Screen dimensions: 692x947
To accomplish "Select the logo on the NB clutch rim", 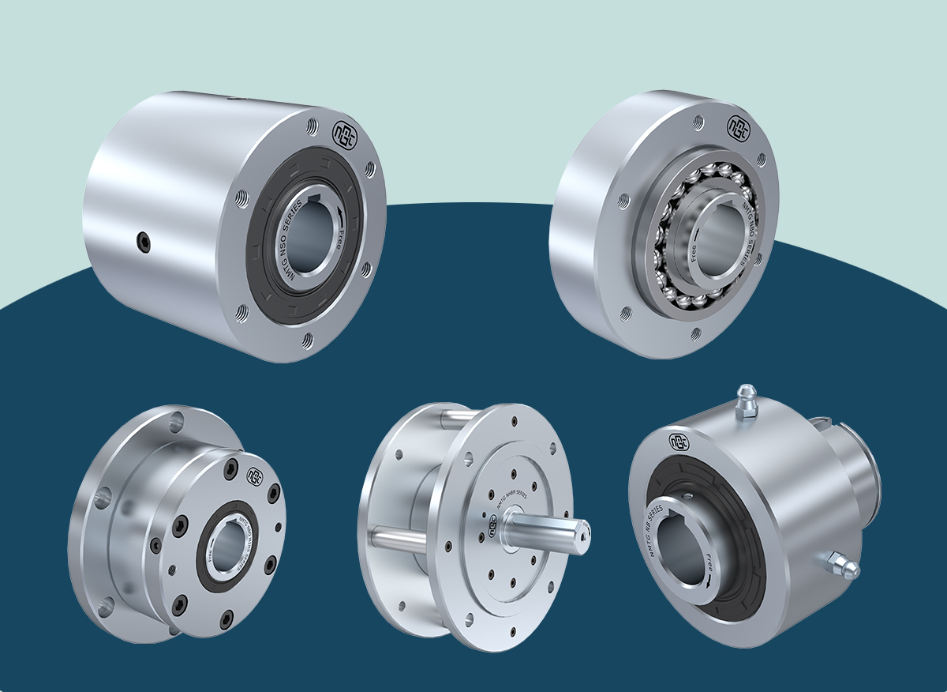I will (x=676, y=440).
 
